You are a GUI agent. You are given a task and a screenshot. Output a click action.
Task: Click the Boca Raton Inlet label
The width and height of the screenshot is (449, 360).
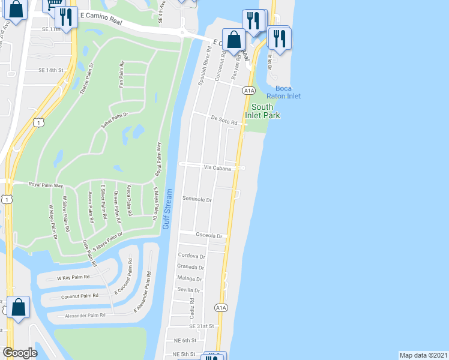tap(284, 92)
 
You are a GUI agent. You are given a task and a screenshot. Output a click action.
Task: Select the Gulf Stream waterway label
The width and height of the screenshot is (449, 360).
tap(168, 209)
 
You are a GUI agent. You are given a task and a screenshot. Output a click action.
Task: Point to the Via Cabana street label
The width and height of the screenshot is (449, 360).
tap(217, 169)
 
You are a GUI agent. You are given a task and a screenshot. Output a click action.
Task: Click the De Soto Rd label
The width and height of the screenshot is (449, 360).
tap(224, 120)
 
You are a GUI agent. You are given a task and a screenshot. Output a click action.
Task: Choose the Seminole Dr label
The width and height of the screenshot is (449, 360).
tap(197, 199)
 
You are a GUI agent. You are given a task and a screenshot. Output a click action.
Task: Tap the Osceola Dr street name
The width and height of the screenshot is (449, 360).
tap(208, 236)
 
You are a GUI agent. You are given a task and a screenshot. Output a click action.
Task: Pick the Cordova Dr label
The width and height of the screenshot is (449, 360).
tap(191, 256)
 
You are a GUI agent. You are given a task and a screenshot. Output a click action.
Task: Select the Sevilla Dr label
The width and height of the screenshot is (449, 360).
tap(189, 289)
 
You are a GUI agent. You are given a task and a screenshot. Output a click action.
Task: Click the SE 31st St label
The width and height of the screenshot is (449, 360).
tap(202, 326)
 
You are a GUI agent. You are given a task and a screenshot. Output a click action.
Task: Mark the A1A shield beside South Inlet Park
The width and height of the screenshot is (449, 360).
tap(249, 91)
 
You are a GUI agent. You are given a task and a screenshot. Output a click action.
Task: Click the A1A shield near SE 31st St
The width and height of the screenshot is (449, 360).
tap(221, 308)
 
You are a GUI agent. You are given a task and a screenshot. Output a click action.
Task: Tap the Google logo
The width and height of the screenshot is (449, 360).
tap(20, 353)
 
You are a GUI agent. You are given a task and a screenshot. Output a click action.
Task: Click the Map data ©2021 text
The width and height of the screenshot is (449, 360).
tap(423, 355)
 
